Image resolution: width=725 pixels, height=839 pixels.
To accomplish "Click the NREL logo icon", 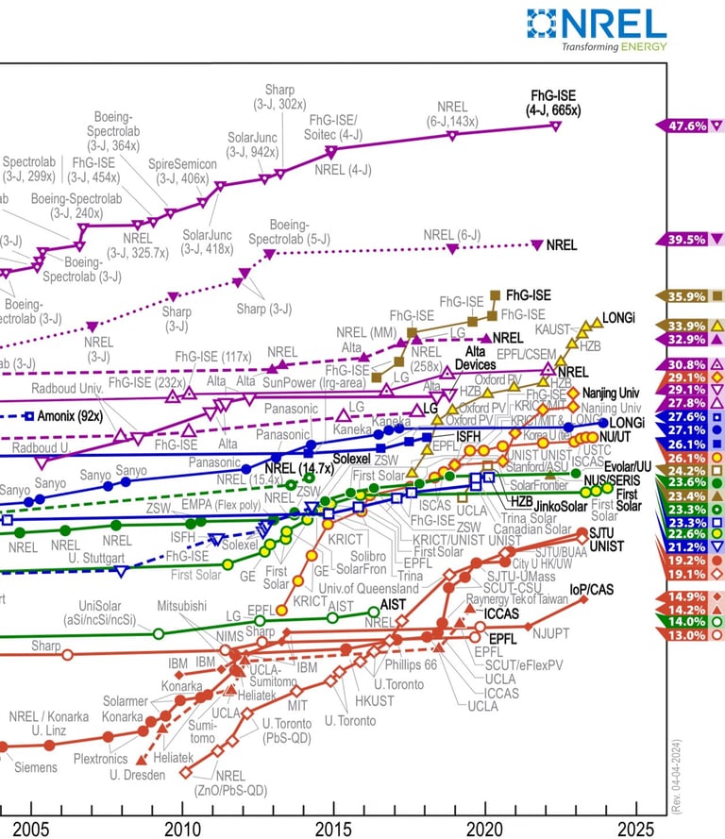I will coord(546,24).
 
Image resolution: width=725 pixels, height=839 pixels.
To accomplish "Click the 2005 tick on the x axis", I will coord(31,829).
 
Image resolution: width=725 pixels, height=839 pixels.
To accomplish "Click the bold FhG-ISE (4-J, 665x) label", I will coord(554,102).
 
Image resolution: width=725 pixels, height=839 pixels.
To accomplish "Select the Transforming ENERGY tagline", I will coord(614,46).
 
